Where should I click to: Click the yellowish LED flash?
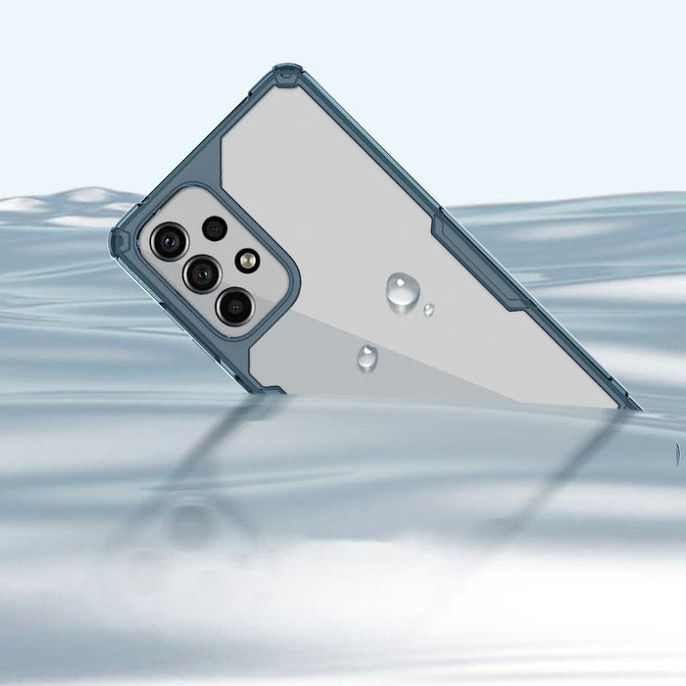click(247, 260)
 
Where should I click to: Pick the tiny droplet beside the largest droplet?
click(428, 310)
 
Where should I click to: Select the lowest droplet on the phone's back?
click(367, 358)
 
